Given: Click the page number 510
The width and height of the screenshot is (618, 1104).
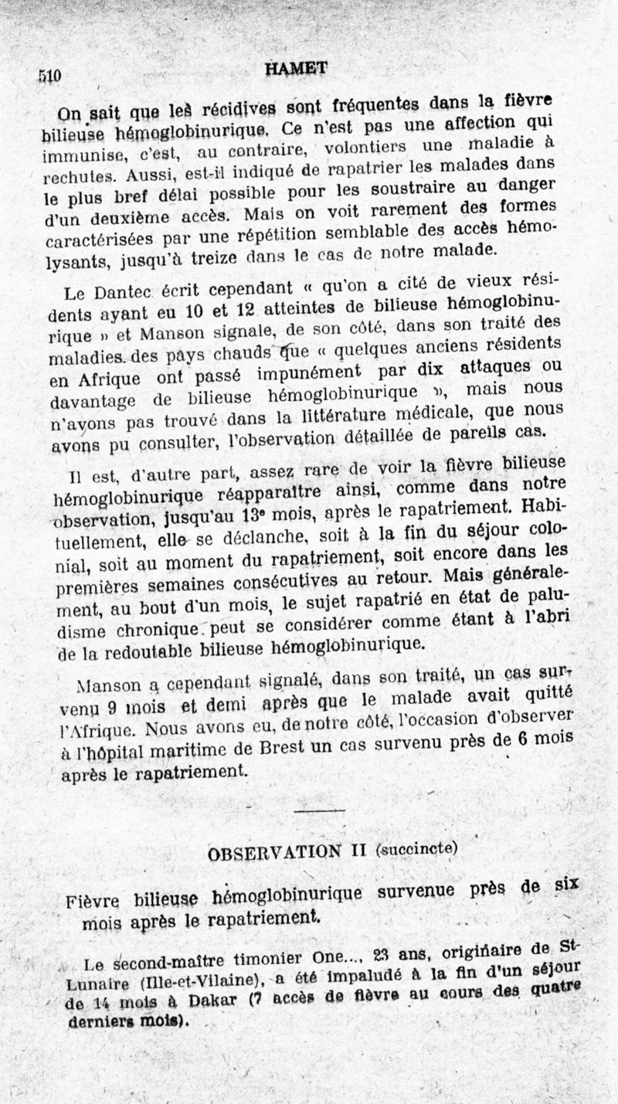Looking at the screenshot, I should (x=49, y=76).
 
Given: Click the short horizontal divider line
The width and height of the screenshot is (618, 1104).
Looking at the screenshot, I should (x=319, y=809).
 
